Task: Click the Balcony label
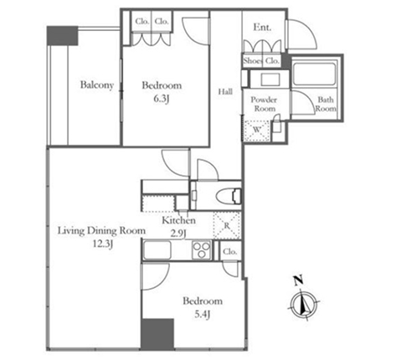(x=97, y=85)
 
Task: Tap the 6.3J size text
(x=162, y=99)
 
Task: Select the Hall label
(x=225, y=91)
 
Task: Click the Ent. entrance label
(x=262, y=28)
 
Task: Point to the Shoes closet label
(x=253, y=61)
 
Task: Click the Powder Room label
(x=264, y=104)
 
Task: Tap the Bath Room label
(x=326, y=104)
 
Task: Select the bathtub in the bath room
(x=314, y=74)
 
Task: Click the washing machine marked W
(x=257, y=130)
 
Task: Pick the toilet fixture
(x=229, y=196)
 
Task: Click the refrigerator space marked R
(x=227, y=225)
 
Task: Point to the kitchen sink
(x=157, y=250)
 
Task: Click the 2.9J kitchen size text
(x=178, y=234)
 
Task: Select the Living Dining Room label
(x=101, y=231)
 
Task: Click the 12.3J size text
(x=103, y=244)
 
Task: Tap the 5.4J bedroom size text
(x=202, y=315)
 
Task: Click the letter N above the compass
(x=299, y=280)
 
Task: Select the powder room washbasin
(x=270, y=80)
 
